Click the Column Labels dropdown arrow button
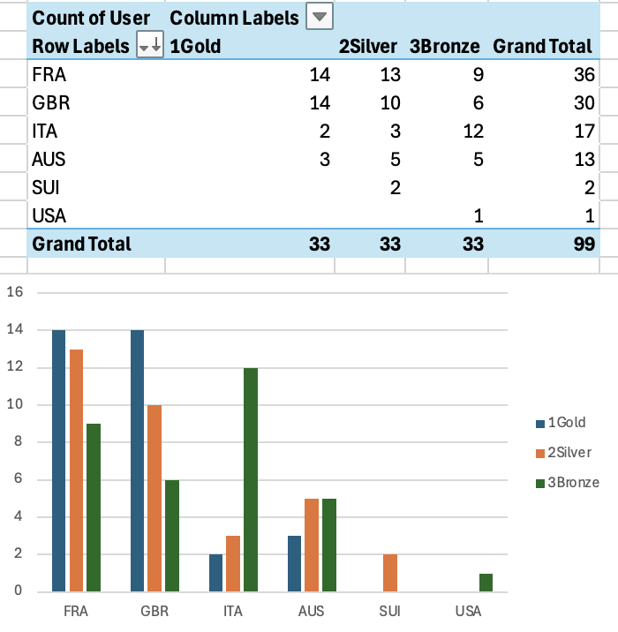click(320, 17)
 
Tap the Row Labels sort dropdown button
click(151, 46)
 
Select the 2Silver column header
click(367, 46)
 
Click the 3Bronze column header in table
click(445, 46)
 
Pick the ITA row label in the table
click(44, 131)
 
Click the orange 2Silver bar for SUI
click(390, 573)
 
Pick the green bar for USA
click(485, 583)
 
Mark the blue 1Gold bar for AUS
click(295, 563)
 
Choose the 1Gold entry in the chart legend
click(566, 423)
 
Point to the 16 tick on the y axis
click(14, 292)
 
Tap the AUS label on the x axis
click(311, 611)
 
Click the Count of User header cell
click(91, 17)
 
